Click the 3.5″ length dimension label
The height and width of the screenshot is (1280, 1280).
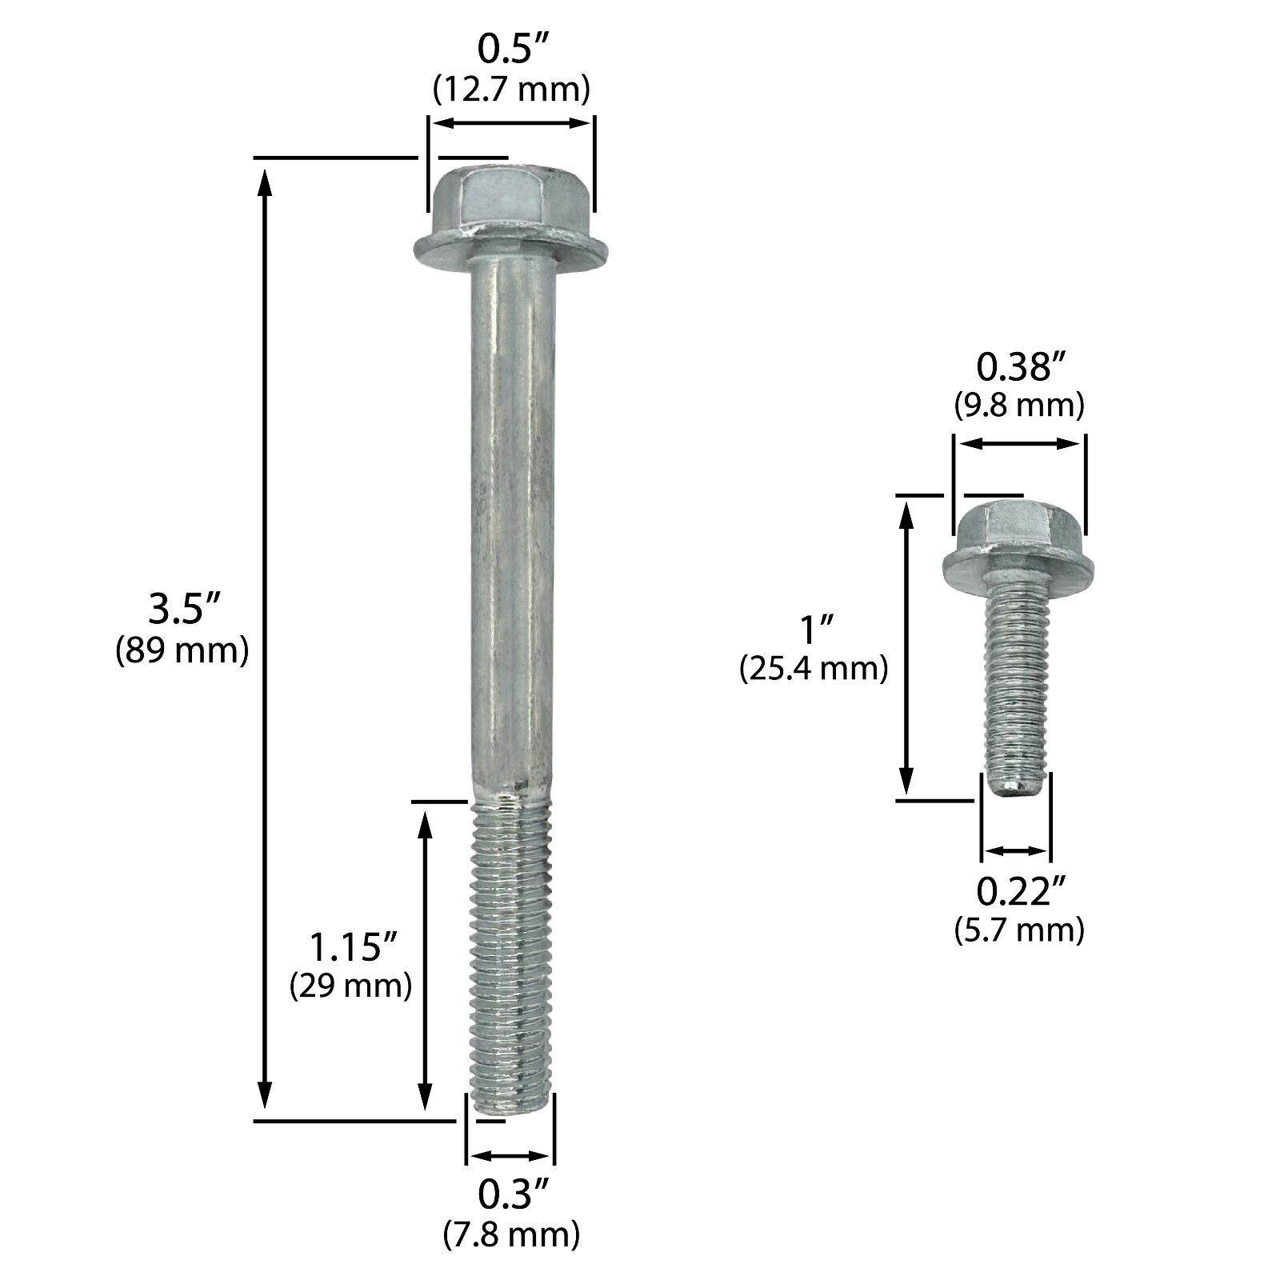coord(182,610)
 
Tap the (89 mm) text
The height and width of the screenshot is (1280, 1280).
coord(182,651)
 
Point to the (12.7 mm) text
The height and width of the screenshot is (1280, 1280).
coord(511,90)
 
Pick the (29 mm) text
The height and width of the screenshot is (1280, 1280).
coord(350,986)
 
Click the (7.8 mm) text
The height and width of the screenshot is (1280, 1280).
coord(511,1234)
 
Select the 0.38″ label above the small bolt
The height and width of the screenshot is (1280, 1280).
coord(1018,367)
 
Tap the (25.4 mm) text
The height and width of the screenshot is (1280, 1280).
coord(814,669)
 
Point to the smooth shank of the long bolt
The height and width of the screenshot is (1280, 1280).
coord(510,520)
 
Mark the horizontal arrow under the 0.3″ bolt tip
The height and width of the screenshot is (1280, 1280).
coord(510,1156)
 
